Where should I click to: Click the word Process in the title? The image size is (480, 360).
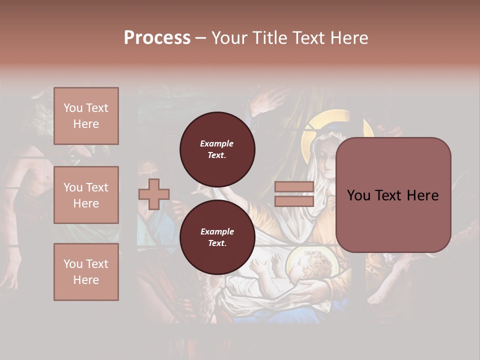157,38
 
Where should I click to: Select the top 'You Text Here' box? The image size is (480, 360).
86,116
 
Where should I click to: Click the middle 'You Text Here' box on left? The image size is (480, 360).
86,195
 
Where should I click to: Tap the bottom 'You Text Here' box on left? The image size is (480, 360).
86,271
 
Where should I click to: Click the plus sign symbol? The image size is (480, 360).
154,194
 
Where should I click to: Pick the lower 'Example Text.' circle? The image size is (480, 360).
217,237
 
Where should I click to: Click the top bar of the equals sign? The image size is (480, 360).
294,187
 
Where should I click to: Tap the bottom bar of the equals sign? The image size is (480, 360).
294,201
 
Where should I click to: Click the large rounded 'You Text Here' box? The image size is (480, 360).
393,195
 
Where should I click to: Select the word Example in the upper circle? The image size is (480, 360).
216,143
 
